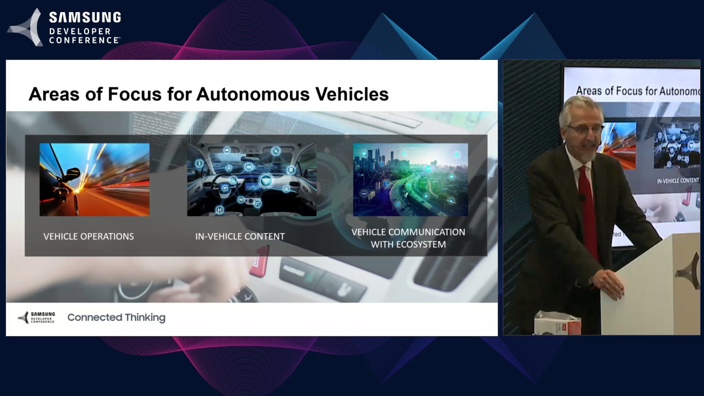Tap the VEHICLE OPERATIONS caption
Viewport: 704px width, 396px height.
click(x=89, y=237)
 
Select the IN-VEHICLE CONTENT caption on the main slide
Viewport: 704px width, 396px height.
click(x=240, y=237)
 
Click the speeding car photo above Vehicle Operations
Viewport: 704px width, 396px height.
click(x=94, y=179)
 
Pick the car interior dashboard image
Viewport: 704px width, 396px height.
click(x=251, y=179)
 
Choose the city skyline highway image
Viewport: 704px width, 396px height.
click(x=410, y=179)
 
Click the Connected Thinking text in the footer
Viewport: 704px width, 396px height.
click(x=116, y=317)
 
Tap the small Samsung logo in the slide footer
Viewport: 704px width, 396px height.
click(x=36, y=317)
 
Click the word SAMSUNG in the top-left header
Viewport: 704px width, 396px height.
click(x=85, y=18)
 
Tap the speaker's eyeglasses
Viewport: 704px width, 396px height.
click(x=585, y=129)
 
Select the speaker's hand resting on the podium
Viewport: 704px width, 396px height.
click(x=608, y=282)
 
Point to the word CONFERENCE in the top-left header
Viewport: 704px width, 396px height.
click(x=84, y=40)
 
